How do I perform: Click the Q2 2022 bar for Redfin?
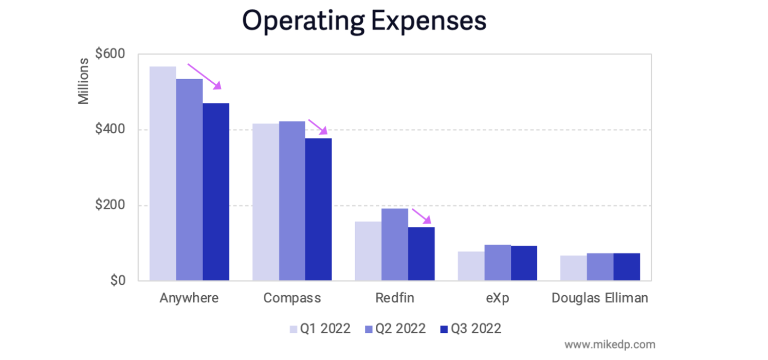[x=395, y=244]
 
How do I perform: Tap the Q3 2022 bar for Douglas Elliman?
[x=627, y=267]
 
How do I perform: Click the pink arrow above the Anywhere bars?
[x=205, y=77]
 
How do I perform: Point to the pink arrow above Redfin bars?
[x=422, y=217]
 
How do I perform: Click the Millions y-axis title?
[x=83, y=81]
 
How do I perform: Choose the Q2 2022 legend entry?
[x=395, y=329]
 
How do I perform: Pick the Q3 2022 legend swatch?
[x=445, y=329]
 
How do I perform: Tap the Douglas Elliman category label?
[x=600, y=298]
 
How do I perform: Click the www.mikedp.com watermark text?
[x=610, y=344]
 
